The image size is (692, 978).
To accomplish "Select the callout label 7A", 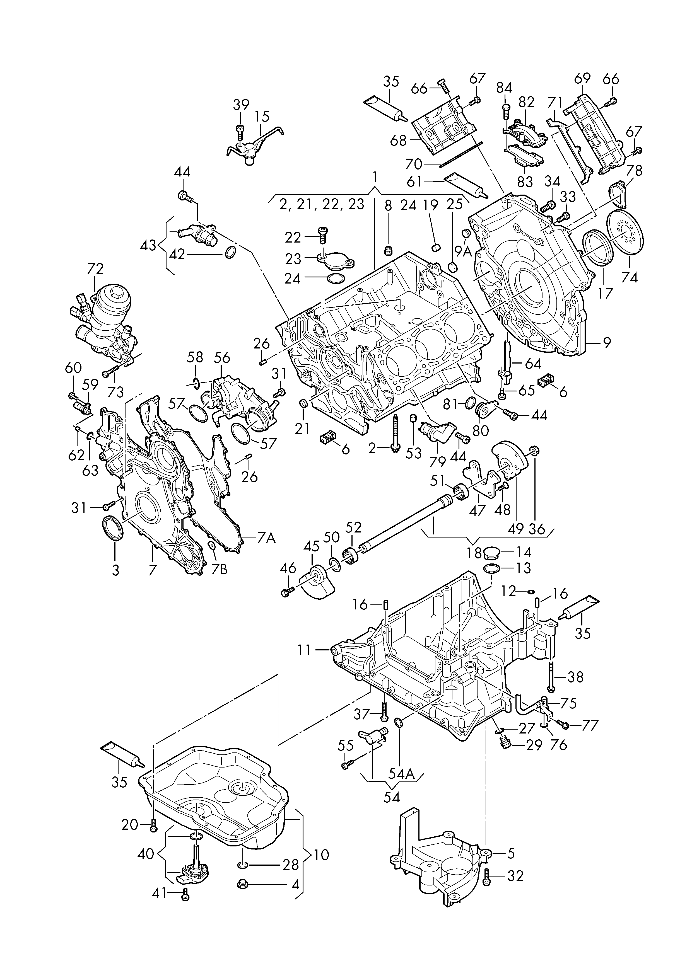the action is click(267, 539).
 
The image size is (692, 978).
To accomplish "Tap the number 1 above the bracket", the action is click(375, 176).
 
